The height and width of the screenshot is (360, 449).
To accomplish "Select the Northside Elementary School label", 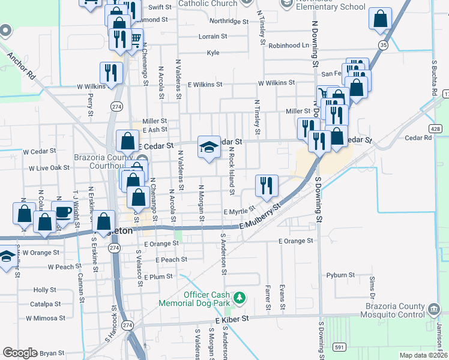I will pos(327,7).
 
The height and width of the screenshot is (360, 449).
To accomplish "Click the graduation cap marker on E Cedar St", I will pos(208,147).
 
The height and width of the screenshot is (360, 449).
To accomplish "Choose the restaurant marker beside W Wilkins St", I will pos(111,73).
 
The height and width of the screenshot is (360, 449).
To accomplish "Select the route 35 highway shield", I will pos(383,44).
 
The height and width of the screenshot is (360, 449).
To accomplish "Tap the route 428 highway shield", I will pos(436,128).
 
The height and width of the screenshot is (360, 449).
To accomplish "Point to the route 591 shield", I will pos(340,347).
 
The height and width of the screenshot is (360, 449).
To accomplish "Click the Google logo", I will pos(20,353).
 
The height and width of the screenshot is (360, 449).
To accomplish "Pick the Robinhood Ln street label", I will pos(289,46).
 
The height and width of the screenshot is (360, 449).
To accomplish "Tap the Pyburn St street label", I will pos(342,275).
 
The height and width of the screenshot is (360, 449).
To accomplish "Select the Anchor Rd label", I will pos(21,65).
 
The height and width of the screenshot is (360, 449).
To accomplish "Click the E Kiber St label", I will pos(232,321).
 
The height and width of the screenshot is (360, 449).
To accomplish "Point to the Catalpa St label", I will pos(46,304).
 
